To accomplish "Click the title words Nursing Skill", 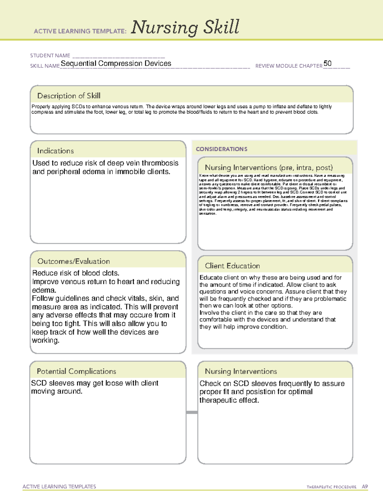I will coord(185,27).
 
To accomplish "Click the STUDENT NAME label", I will coord(50,56).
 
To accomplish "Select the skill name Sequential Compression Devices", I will coord(116,64).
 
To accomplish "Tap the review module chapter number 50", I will coord(327,63).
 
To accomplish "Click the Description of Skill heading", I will coord(69,96).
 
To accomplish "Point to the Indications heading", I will coord(55,151).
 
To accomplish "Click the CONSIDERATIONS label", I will coord(222,149).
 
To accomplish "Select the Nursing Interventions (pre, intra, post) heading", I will coord(269,168).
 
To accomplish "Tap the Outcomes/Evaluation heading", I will coord(73,261).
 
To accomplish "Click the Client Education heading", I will coord(232,266).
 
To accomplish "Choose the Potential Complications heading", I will coord(76,371).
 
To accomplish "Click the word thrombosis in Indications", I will coord(160,163).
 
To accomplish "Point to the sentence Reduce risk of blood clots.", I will coord(76,273).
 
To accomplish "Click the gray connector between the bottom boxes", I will coord(192,412).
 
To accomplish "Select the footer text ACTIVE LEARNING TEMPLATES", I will coord(59,486).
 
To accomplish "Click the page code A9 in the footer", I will coord(364,487).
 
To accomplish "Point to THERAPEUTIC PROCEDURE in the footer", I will coord(331,487).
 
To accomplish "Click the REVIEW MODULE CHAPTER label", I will coord(289,66).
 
